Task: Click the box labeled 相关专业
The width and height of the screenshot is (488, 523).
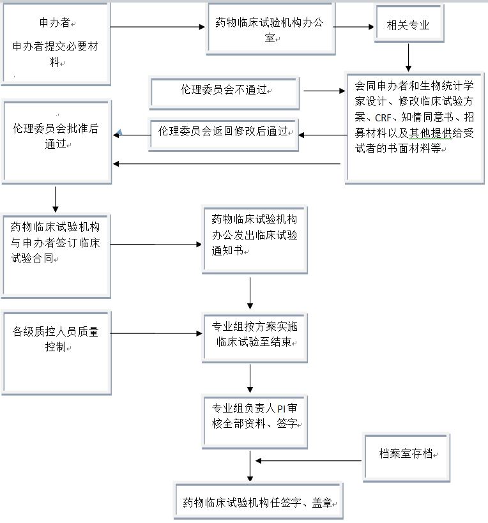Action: (408, 26)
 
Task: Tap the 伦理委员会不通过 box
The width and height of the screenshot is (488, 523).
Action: (224, 92)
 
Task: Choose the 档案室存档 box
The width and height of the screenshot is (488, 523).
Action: (406, 455)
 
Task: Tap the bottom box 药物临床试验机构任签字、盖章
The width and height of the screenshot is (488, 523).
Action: (258, 502)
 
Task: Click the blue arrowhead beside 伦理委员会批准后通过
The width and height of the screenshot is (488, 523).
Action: (118, 133)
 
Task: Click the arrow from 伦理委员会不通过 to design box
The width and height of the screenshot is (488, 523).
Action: (323, 91)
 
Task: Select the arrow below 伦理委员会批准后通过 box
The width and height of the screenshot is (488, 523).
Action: (56, 199)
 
